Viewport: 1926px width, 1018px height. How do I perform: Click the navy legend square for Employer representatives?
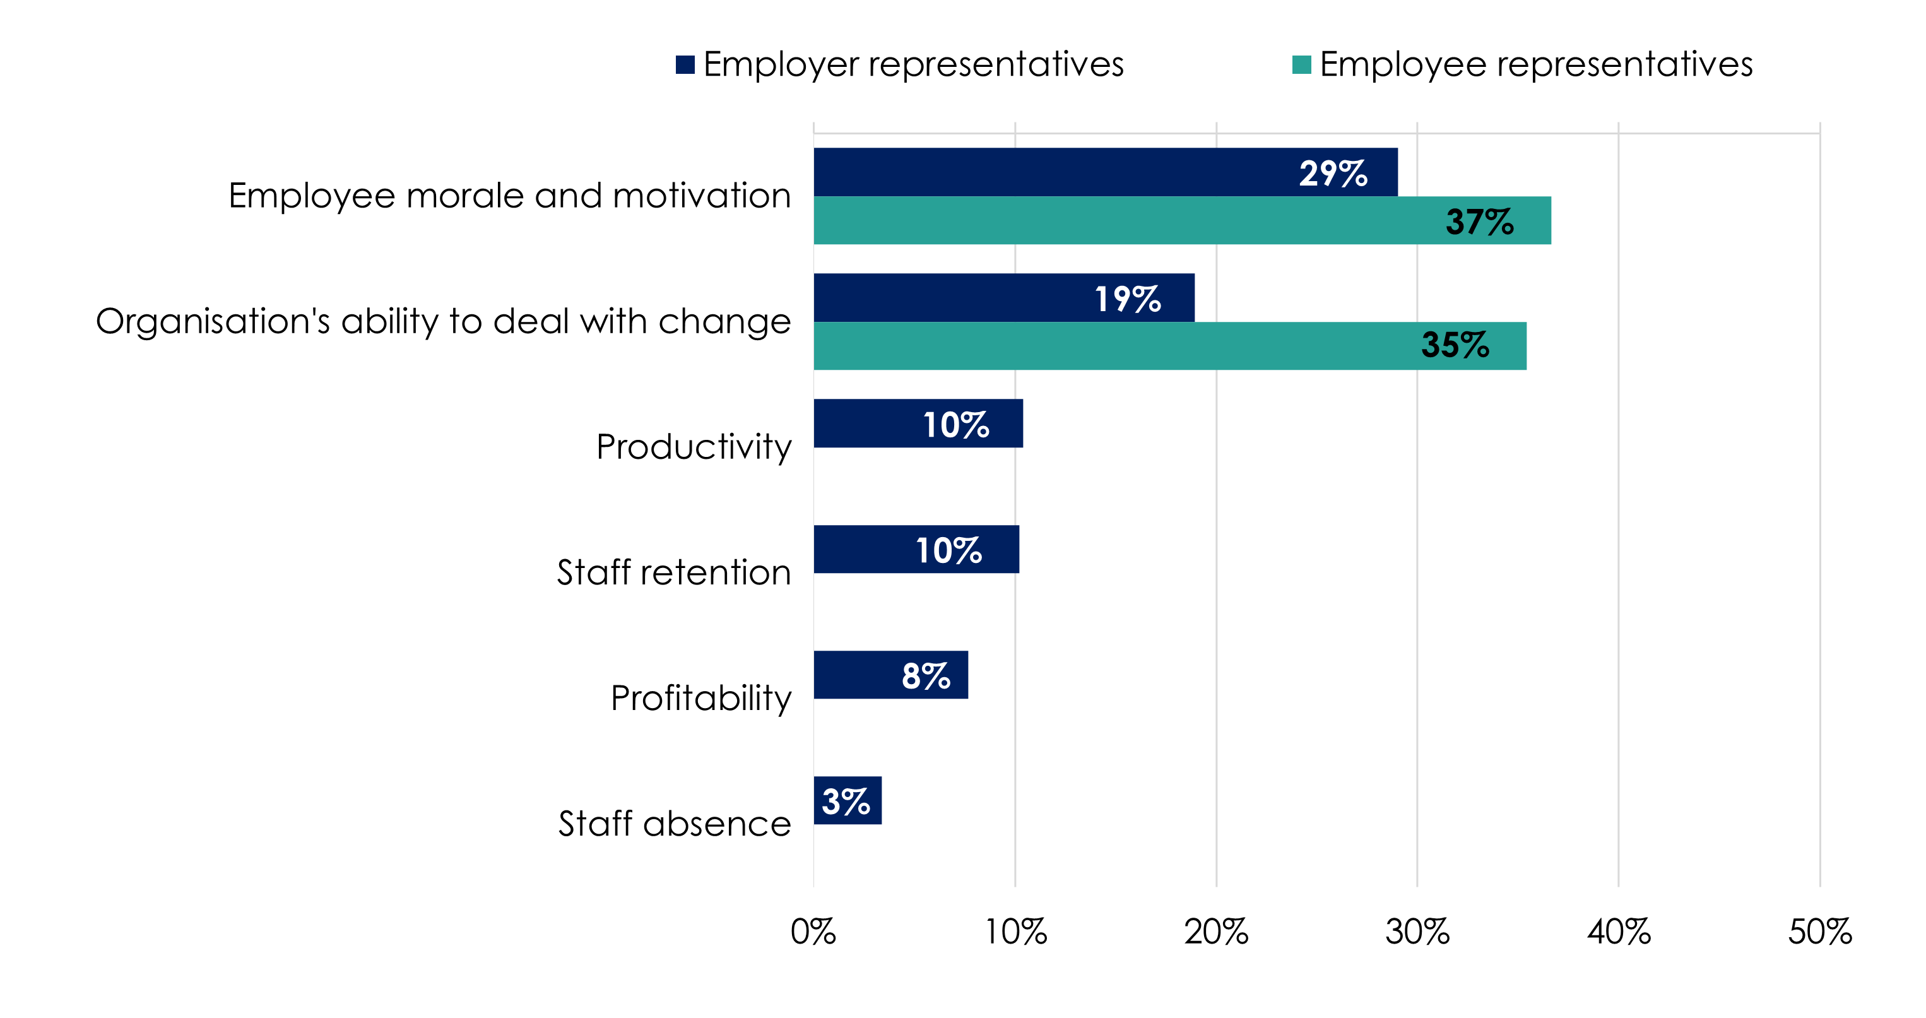[685, 65]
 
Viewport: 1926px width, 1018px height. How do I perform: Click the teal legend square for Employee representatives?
[1302, 65]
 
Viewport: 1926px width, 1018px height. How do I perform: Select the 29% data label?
[1333, 174]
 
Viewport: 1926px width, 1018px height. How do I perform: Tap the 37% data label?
[1479, 222]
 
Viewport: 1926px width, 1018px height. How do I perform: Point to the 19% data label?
[1128, 299]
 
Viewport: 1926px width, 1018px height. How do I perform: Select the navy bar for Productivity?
[867, 423]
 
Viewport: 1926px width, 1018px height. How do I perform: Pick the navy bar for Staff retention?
[860, 549]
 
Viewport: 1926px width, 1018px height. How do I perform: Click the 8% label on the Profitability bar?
[926, 676]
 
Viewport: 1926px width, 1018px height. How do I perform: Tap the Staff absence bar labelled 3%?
[847, 800]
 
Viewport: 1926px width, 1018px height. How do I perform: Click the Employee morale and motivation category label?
[509, 196]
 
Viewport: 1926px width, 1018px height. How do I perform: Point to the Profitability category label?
[700, 699]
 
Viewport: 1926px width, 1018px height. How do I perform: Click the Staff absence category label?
[675, 824]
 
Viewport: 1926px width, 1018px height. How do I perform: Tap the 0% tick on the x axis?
[813, 932]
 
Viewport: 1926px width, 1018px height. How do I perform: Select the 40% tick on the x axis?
[1619, 932]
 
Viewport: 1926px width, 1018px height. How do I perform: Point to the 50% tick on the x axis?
[1819, 932]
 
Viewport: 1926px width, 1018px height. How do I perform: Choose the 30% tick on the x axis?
[1417, 932]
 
